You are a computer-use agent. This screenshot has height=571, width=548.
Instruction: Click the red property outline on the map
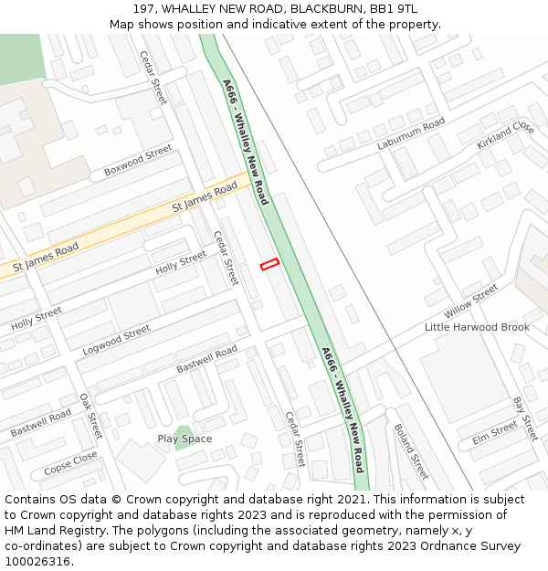point(269,264)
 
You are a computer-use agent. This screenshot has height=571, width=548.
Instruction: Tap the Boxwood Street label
point(138,160)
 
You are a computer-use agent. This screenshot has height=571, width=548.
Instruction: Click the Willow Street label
point(470,301)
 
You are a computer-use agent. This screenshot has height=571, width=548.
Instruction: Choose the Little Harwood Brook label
point(477,327)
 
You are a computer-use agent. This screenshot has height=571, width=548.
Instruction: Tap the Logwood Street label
point(116,340)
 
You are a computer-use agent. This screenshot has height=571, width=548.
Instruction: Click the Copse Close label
point(70,463)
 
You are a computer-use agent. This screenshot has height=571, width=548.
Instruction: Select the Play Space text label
point(184,439)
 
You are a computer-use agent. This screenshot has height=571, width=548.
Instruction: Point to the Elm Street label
point(495,433)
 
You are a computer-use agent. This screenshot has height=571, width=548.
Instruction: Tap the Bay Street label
point(522,416)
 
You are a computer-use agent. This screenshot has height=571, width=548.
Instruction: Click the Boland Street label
point(410,450)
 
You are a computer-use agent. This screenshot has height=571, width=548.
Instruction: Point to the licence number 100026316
point(38,561)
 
